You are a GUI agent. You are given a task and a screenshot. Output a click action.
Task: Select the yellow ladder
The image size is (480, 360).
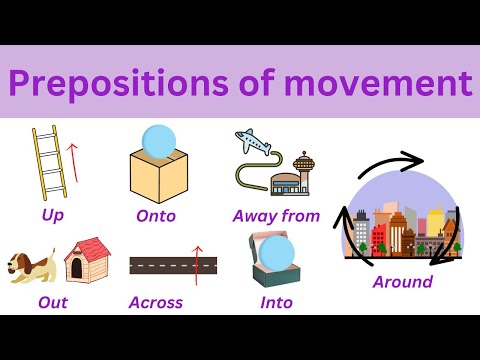[x=46, y=162]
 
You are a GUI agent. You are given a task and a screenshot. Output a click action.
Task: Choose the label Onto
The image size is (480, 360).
[x=155, y=215]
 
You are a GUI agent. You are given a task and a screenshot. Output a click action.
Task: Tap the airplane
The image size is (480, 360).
[x=254, y=143]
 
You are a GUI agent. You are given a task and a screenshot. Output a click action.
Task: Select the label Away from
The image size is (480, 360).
[x=276, y=215]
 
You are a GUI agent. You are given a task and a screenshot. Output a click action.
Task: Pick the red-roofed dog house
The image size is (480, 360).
[x=87, y=263]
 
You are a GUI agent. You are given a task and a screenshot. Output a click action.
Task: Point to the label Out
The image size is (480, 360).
[x=52, y=302]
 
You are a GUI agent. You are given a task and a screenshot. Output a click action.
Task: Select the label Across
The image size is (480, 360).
[x=156, y=302]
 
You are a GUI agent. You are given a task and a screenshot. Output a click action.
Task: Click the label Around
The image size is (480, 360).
[x=402, y=282]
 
